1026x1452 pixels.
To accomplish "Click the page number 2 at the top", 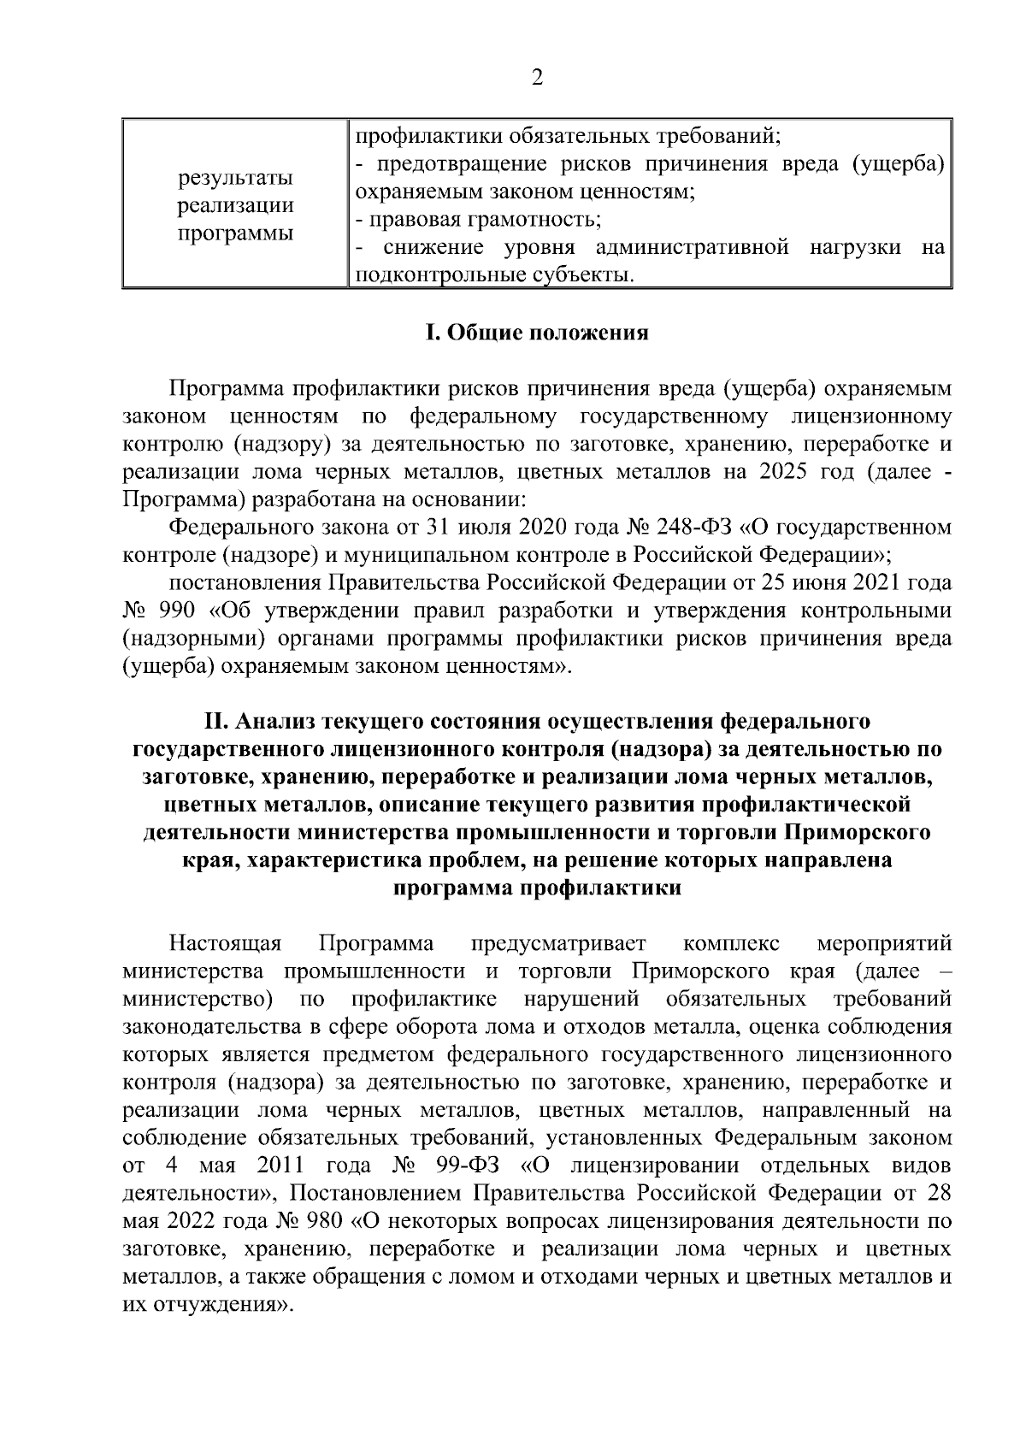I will (537, 79).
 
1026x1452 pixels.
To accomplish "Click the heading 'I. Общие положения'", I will (537, 333).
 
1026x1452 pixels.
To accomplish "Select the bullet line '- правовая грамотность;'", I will (479, 220).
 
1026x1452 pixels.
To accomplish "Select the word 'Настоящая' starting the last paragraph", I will (226, 944).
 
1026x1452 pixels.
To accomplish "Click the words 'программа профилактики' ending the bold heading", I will (537, 888).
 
